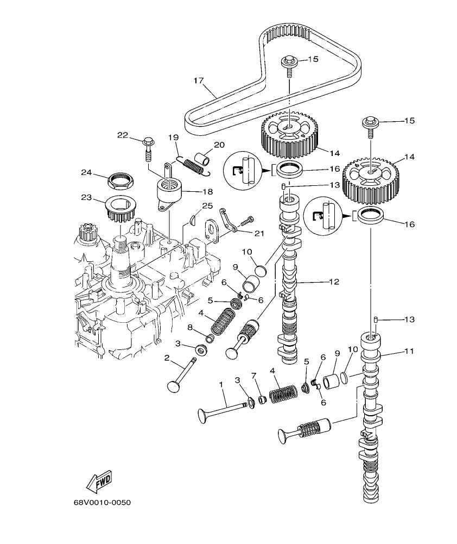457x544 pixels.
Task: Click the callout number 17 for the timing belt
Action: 198,81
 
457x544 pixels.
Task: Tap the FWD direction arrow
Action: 99,482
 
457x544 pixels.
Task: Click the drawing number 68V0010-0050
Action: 103,502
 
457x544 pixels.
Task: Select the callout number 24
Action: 87,172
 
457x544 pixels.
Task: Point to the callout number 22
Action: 123,135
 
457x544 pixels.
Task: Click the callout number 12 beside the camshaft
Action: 333,282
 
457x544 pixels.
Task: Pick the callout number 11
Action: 408,352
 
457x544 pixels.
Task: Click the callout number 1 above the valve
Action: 221,384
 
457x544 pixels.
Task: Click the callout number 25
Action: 207,205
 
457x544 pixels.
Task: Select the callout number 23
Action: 87,198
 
